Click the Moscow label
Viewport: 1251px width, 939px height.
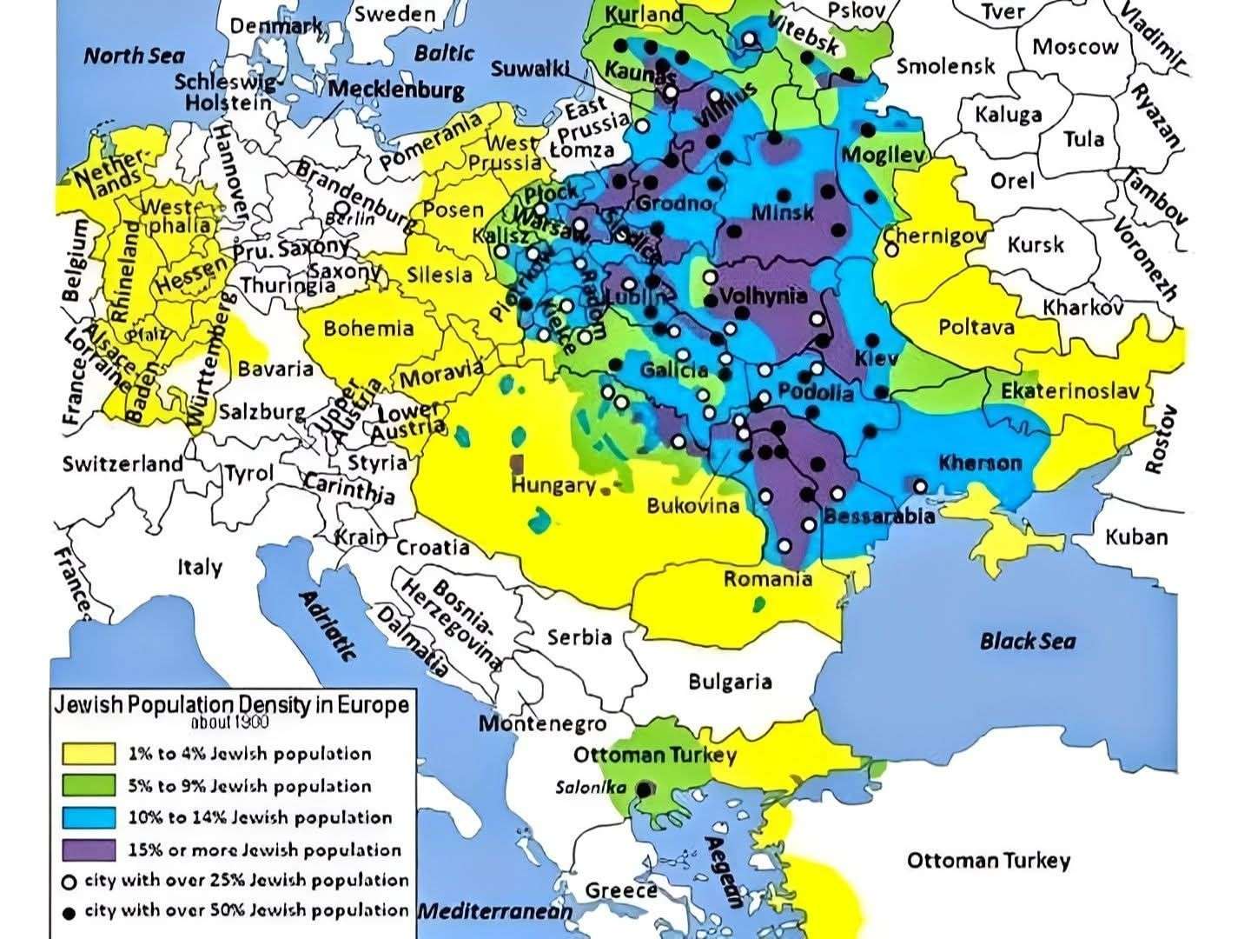[x=1075, y=47]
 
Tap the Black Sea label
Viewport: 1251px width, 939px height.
[x=1028, y=642]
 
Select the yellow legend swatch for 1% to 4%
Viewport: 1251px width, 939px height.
[x=88, y=754]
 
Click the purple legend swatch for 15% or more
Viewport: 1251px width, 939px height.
[x=88, y=849]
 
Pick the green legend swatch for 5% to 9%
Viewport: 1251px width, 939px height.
[x=88, y=786]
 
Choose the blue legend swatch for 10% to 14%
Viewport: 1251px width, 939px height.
[x=88, y=817]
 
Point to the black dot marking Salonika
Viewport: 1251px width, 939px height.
[x=645, y=789]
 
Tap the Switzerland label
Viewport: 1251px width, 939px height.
[x=122, y=463]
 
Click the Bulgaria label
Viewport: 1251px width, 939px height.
[x=730, y=681]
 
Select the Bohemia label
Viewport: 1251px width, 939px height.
[x=368, y=329]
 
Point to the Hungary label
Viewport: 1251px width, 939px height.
[x=553, y=485]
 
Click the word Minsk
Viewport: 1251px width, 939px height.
[x=783, y=212]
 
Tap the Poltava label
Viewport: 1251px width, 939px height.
[x=976, y=327]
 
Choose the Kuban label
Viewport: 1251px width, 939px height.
[x=1136, y=536]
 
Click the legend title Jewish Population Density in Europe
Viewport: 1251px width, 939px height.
[x=231, y=704]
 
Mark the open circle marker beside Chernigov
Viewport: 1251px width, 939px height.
[x=892, y=250]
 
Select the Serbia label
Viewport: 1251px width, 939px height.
[x=579, y=637]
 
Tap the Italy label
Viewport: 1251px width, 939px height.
[x=200, y=568]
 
